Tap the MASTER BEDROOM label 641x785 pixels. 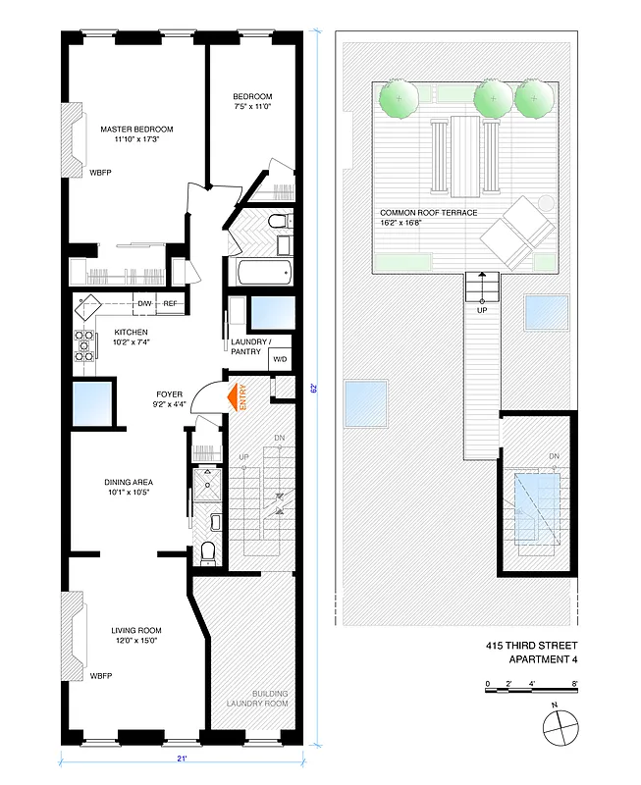(137, 130)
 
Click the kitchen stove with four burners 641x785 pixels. (84, 343)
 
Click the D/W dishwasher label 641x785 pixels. (145, 304)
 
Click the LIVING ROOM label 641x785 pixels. (137, 630)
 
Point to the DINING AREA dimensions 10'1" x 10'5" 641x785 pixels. (135, 494)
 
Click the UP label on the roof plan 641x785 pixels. (481, 310)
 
